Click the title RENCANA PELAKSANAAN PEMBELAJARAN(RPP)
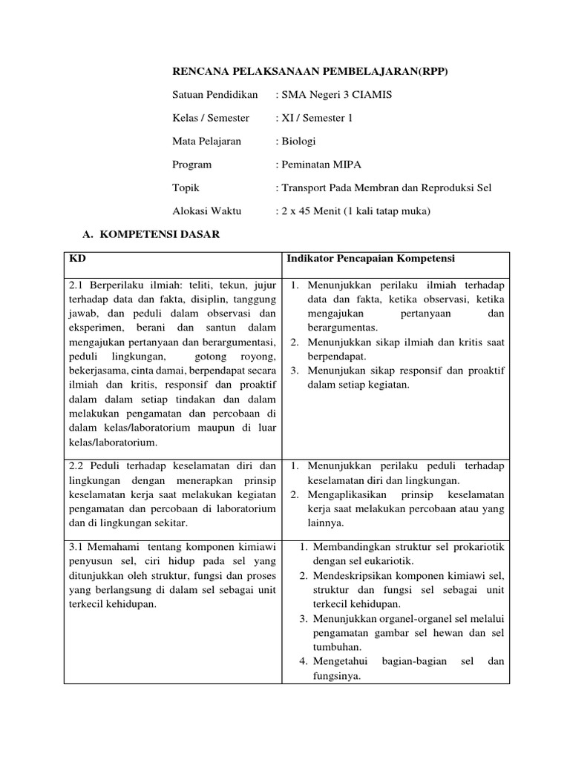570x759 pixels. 310,71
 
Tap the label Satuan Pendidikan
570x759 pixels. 215,95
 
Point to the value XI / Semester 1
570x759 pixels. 314,118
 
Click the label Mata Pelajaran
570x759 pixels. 207,142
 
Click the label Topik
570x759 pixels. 186,188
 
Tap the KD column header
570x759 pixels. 77,258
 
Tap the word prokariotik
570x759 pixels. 476,546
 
